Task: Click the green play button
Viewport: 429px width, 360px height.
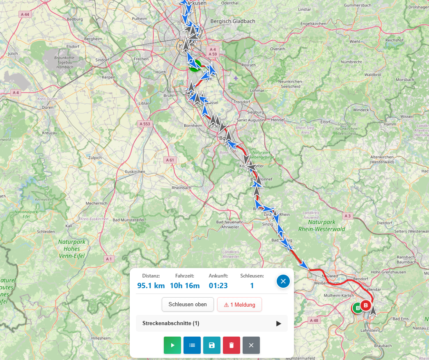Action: (x=172, y=345)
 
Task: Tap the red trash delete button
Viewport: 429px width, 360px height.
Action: (x=232, y=345)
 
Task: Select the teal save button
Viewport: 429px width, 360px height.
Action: (x=212, y=345)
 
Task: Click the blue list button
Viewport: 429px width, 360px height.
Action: (x=192, y=345)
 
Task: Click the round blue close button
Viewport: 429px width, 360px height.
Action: (x=283, y=281)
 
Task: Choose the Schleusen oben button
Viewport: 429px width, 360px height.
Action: (x=188, y=305)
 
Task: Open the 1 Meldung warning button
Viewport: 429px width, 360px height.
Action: (x=239, y=305)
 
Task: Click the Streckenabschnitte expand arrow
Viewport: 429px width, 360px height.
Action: (x=279, y=323)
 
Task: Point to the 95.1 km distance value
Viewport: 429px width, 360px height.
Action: (x=151, y=286)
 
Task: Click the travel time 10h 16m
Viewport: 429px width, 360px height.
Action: (x=185, y=286)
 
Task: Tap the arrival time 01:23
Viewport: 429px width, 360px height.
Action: (x=218, y=286)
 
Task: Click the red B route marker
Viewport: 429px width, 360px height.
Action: (x=366, y=305)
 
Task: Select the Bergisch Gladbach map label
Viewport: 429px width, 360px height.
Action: (x=232, y=21)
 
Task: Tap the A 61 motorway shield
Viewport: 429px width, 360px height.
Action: (x=169, y=160)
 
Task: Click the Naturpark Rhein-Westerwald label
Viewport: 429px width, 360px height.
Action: (x=321, y=225)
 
